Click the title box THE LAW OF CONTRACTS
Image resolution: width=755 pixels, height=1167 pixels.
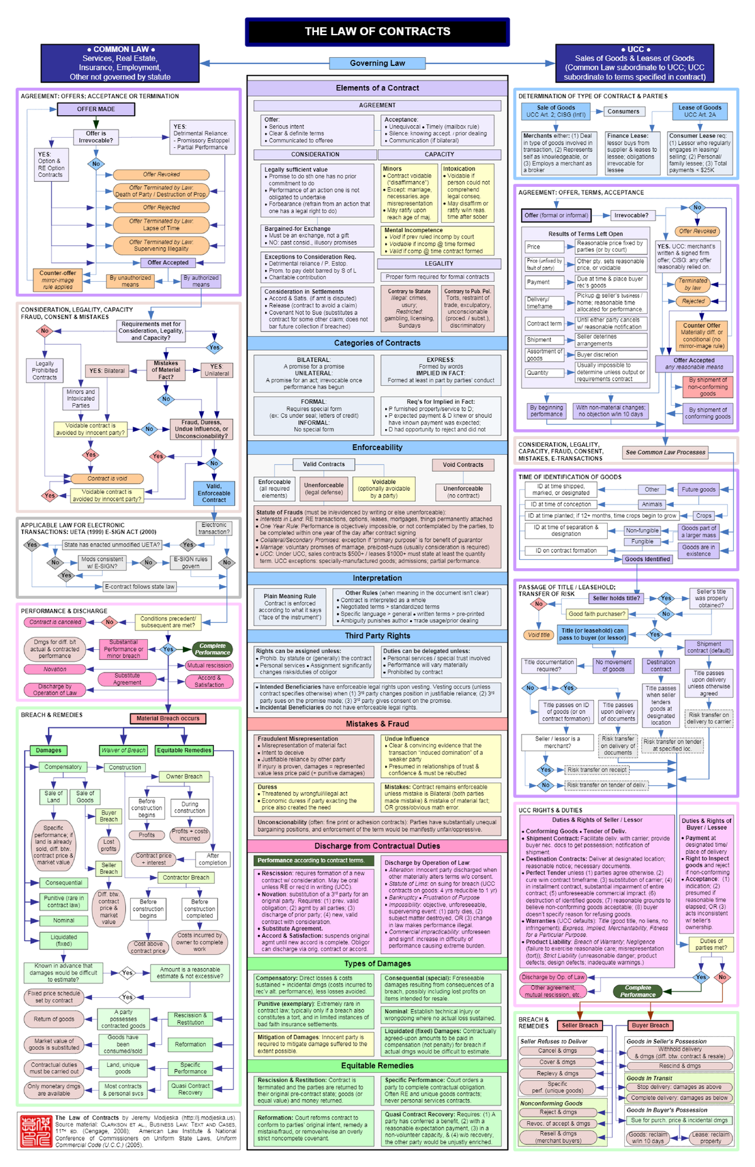pos(377,31)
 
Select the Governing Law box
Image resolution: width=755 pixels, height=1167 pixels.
pos(377,63)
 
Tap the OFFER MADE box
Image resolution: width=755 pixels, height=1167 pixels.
pos(96,109)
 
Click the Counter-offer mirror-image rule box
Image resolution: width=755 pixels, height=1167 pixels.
pos(57,280)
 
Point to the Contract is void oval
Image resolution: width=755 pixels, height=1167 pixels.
pos(107,478)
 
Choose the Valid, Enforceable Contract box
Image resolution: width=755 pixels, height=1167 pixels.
pos(214,493)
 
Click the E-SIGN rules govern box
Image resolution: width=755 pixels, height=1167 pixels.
pos(191,562)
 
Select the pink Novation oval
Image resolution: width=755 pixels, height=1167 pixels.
pos(55,669)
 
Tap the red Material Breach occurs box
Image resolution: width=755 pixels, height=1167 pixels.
pos(167,718)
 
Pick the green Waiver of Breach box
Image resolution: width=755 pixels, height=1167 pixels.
pos(123,750)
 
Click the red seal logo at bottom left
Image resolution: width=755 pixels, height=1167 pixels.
pos(35,1131)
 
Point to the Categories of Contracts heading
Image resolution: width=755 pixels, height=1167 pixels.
pos(377,343)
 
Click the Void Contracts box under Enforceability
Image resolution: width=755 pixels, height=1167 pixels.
pos(463,464)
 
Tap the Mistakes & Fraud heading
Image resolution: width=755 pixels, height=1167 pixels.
pos(377,724)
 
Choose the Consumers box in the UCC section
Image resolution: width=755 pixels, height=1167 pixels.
pos(623,111)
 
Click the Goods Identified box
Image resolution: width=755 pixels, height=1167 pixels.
pos(647,559)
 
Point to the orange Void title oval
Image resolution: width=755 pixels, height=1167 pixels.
pos(539,635)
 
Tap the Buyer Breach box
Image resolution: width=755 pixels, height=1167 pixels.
pos(651,1025)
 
